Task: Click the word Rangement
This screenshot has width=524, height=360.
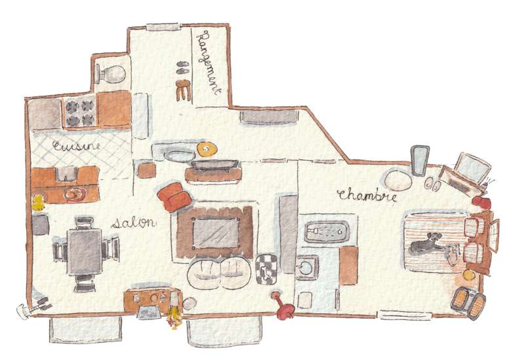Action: pos(209,63)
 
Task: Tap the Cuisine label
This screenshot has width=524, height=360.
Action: pos(76,146)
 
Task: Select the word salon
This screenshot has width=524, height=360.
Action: pos(134,223)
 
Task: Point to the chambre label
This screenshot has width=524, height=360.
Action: pos(367,195)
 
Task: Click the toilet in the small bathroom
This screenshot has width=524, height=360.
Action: pos(110,74)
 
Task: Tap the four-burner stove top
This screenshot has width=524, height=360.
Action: pos(80,111)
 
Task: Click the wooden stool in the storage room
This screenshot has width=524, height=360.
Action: pos(183,90)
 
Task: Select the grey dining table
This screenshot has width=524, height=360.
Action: pos(85,251)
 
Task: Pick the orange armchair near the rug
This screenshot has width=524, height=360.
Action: pos(174,197)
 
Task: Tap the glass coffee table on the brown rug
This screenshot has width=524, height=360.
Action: pos(216,233)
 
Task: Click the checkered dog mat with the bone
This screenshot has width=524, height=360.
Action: pos(266,269)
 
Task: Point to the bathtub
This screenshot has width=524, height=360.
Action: pos(326,232)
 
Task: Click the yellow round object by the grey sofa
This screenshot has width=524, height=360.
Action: pos(206,149)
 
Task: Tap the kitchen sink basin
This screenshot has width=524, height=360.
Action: pos(67,173)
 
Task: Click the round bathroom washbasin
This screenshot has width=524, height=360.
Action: pos(306,268)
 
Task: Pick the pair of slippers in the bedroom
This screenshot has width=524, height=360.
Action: pos(432,185)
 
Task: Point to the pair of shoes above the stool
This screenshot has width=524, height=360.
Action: pos(183,68)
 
